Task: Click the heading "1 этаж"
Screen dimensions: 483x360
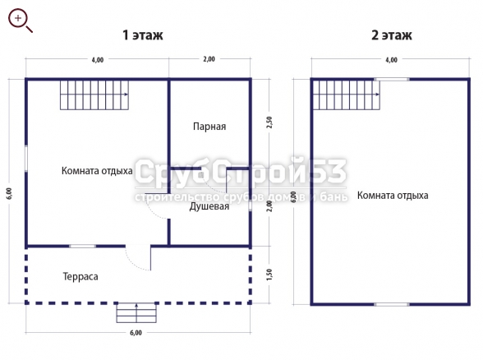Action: click(143, 35)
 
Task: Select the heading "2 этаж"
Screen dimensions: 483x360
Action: click(392, 35)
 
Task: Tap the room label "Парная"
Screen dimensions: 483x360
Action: click(209, 127)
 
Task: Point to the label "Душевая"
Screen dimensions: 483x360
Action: click(209, 206)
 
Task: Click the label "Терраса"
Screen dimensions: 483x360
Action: click(80, 276)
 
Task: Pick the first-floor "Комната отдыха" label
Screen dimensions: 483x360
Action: click(97, 171)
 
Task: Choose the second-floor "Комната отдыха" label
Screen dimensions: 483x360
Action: click(393, 196)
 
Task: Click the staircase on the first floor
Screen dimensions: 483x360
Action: click(94, 95)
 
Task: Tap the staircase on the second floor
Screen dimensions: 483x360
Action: click(347, 95)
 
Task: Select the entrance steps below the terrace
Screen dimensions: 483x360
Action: click(136, 313)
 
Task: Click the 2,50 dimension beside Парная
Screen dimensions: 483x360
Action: click(269, 122)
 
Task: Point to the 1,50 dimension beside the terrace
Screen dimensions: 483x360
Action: click(269, 275)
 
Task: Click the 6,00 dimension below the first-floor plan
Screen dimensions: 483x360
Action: click(136, 333)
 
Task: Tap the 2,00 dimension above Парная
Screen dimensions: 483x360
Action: click(209, 59)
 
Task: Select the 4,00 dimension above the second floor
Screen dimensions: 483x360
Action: click(391, 60)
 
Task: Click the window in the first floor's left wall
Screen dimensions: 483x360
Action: click(26, 159)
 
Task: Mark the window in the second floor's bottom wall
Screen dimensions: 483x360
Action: click(392, 304)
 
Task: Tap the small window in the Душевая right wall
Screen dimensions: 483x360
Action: click(250, 206)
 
